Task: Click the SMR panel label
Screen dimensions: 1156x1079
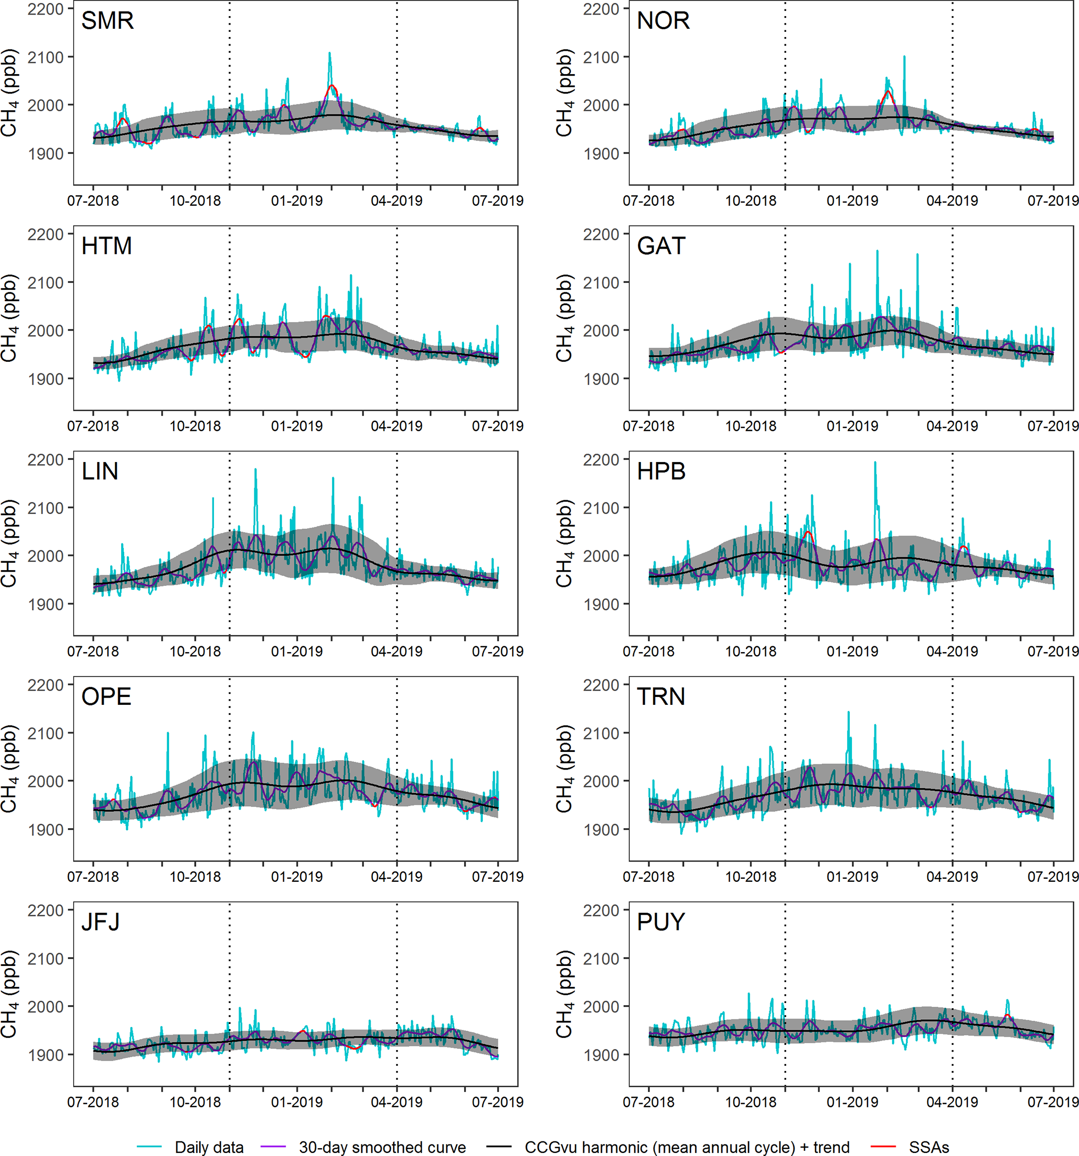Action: [x=108, y=21]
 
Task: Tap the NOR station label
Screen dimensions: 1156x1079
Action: [x=663, y=21]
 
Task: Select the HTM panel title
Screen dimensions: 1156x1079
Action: [x=106, y=246]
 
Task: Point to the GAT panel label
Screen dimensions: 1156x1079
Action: [x=661, y=246]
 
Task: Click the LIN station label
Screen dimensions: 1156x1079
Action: [x=100, y=471]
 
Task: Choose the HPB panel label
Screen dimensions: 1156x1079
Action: [x=661, y=471]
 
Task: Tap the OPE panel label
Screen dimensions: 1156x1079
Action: [x=106, y=697]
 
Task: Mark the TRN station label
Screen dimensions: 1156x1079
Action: [x=661, y=697]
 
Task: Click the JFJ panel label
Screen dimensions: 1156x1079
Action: [x=101, y=922]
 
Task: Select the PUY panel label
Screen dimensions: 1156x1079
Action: [x=661, y=922]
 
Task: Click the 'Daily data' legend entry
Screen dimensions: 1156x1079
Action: [x=209, y=1147]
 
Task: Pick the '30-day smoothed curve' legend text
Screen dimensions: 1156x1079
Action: [x=382, y=1147]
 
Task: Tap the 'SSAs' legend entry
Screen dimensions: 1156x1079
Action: [x=929, y=1147]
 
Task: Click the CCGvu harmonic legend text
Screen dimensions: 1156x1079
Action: [x=686, y=1147]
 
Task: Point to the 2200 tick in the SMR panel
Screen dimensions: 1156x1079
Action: [x=45, y=9]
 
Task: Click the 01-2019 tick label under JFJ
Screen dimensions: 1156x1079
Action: [x=297, y=1102]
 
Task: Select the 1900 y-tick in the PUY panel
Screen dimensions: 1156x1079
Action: [x=600, y=1054]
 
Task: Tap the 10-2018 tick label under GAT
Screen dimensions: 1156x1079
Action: [x=750, y=426]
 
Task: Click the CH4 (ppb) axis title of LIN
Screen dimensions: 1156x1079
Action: [x=9, y=544]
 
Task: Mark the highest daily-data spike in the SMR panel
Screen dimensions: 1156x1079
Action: [x=329, y=53]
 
